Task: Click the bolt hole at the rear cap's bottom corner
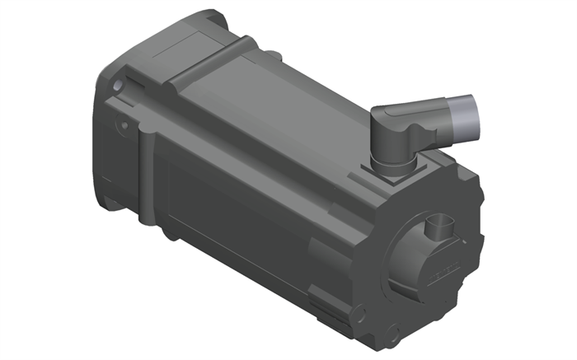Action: click(393, 334)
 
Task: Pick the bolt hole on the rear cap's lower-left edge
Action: click(358, 313)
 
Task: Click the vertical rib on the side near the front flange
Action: click(147, 177)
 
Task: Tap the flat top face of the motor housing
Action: click(272, 115)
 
